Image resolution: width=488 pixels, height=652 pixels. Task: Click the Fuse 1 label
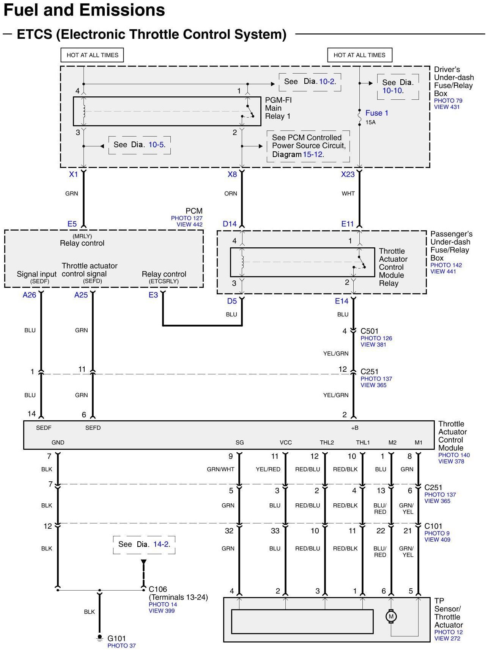coord(376,113)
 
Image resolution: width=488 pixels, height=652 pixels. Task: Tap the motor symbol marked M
coord(391,616)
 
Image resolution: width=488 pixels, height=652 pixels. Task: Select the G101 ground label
coord(116,638)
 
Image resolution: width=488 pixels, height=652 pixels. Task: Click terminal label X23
coord(348,174)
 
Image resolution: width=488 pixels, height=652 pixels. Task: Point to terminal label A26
coord(29,295)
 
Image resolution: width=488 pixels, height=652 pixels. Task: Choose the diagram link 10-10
coord(393,91)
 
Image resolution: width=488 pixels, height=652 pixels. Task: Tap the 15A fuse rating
coord(370,123)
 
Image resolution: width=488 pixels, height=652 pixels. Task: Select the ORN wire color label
coord(230,193)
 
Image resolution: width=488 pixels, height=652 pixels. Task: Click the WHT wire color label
coord(348,193)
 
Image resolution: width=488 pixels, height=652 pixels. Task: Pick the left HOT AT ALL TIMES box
coord(92,55)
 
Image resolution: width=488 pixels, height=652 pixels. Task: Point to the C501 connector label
coord(369,331)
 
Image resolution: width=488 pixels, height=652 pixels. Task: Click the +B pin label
coord(354,428)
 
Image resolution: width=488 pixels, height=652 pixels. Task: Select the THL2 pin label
coord(326,443)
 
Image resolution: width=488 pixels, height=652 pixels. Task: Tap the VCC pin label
coord(286,443)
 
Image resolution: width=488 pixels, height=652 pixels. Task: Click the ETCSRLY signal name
coord(164,281)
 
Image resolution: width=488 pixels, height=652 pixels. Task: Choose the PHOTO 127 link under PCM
coord(187,218)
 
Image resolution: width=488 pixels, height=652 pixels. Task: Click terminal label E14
coord(342,301)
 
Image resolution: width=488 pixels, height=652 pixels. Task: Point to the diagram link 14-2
coord(162,544)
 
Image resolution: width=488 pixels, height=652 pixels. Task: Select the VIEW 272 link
coord(447,638)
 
